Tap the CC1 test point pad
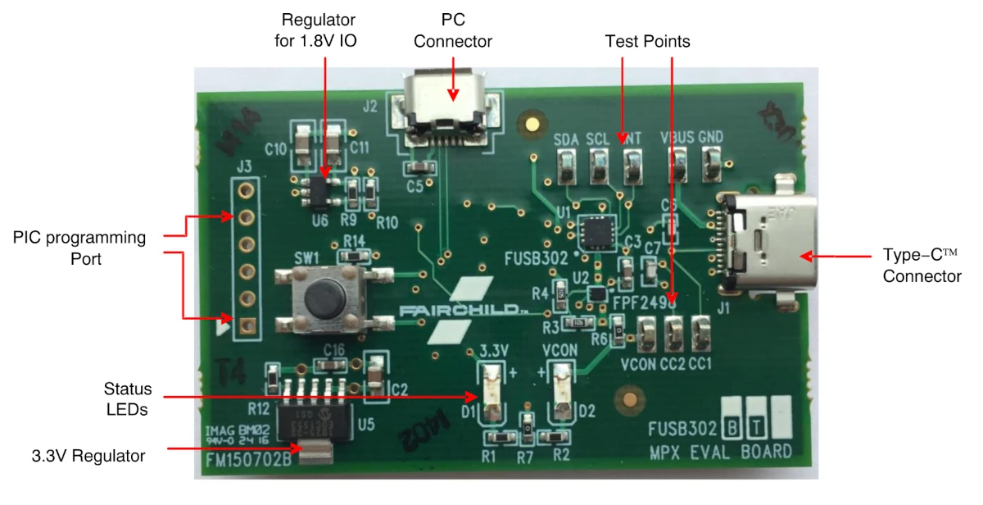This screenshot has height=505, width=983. [x=700, y=333]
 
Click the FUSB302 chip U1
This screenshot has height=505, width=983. [x=596, y=232]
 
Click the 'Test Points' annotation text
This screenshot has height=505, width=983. [x=647, y=41]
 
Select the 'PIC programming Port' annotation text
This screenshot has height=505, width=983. [x=79, y=248]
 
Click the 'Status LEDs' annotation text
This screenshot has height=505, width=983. [x=128, y=398]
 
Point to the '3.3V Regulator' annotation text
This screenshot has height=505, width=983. [x=88, y=456]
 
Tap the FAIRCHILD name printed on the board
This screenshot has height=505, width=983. [x=463, y=312]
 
